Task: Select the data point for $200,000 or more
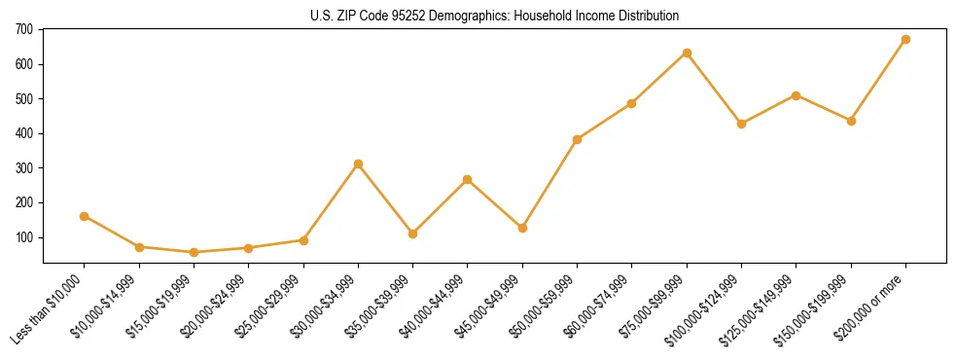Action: coord(905,40)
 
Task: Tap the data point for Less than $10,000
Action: coord(84,216)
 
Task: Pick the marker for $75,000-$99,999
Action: coord(687,53)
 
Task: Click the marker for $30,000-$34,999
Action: coord(358,164)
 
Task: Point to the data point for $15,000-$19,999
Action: coord(194,252)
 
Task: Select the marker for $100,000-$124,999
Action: coord(741,124)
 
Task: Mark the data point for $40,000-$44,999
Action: coord(468,179)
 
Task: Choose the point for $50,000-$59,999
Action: coord(577,139)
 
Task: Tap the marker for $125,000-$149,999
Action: coord(797,95)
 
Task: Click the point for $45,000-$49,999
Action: coord(522,228)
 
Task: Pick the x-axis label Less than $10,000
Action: coord(50,307)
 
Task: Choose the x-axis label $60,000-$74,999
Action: coord(596,307)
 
